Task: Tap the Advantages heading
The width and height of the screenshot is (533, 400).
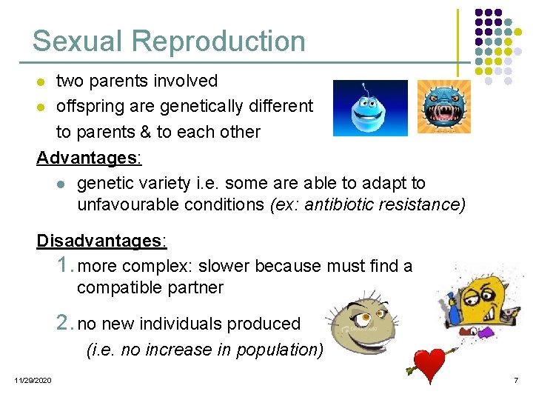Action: point(89,158)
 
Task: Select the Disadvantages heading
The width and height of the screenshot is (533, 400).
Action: point(102,241)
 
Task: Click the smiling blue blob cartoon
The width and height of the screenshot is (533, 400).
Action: point(370,107)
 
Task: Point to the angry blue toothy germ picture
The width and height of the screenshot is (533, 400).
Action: point(443,107)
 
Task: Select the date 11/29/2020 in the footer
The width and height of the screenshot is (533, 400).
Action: point(32,380)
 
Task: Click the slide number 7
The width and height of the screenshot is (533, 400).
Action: point(515,380)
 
